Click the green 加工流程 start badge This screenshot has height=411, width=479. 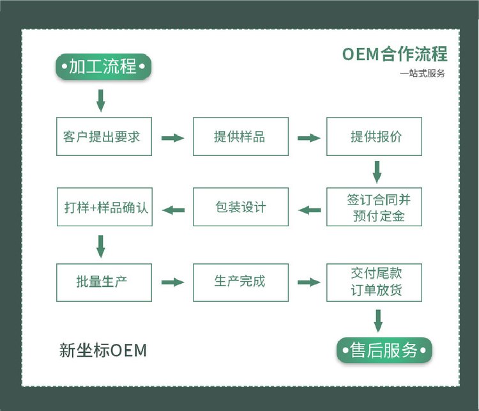coord(102,66)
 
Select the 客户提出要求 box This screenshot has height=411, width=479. coord(104,136)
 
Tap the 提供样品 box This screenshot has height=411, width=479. coord(240,136)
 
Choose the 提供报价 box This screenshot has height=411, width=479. coord(374,136)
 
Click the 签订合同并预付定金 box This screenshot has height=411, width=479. coord(374,206)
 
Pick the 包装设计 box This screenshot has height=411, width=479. coord(240,206)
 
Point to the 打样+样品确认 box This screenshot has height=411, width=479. coord(104,206)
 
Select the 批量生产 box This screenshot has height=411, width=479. coord(104,282)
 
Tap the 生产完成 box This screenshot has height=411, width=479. coord(240,282)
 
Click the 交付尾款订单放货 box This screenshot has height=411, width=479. coord(374,282)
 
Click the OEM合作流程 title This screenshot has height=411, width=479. coord(394,54)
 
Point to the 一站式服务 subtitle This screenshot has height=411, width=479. coord(422,74)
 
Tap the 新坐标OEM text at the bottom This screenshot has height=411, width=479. coord(103,350)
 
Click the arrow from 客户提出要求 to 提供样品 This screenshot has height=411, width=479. coord(172,137)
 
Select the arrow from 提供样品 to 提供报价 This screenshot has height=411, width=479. coord(308,137)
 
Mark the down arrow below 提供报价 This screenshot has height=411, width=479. coord(377,171)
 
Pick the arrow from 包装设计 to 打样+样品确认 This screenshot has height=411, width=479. coord(173,209)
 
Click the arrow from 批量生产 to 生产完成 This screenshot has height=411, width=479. coord(172,283)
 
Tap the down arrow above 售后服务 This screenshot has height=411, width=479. coord(377,320)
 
